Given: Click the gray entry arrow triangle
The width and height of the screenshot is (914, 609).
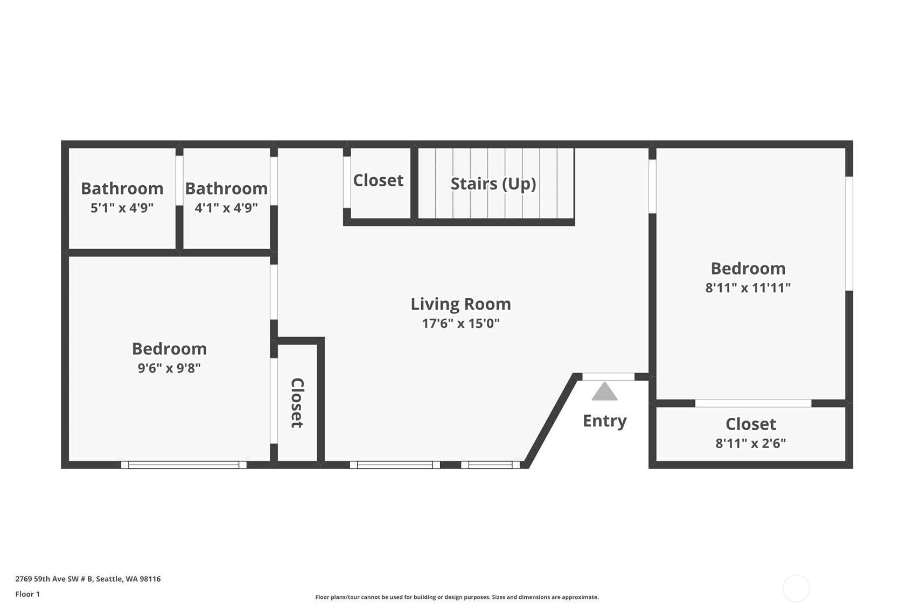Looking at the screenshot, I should click(x=604, y=391).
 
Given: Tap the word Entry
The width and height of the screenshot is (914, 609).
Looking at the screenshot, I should click(x=604, y=421).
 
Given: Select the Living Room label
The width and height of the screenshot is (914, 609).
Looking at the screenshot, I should click(x=461, y=304).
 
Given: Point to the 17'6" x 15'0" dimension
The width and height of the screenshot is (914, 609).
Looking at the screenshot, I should click(x=461, y=324).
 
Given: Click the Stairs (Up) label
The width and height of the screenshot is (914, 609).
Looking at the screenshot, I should click(x=493, y=184).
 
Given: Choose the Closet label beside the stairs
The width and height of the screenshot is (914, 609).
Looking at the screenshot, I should click(x=378, y=180).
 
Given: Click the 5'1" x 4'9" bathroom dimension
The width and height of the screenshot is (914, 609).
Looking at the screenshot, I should click(x=122, y=208).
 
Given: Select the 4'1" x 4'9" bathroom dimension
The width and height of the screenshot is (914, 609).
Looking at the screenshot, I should click(x=226, y=208).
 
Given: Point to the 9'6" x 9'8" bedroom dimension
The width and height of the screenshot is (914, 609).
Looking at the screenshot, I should click(x=169, y=368).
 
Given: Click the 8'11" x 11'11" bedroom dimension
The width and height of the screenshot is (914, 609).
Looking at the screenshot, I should click(x=748, y=288).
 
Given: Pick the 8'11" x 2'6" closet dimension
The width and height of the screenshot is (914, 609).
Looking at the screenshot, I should click(x=750, y=444).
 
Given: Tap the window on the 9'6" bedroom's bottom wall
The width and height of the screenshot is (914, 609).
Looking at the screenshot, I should click(x=183, y=465).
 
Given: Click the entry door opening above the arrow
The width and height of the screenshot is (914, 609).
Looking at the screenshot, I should click(x=608, y=376).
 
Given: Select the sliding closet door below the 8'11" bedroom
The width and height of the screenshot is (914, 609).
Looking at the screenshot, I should click(x=752, y=403).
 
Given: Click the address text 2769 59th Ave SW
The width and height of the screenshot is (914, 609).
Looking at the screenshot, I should click(x=88, y=579).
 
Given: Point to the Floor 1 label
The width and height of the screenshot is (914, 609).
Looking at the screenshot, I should click(x=27, y=594).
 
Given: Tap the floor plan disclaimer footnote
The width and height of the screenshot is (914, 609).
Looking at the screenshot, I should click(x=457, y=597).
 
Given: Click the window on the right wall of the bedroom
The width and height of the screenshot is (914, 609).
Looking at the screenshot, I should click(x=849, y=233).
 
